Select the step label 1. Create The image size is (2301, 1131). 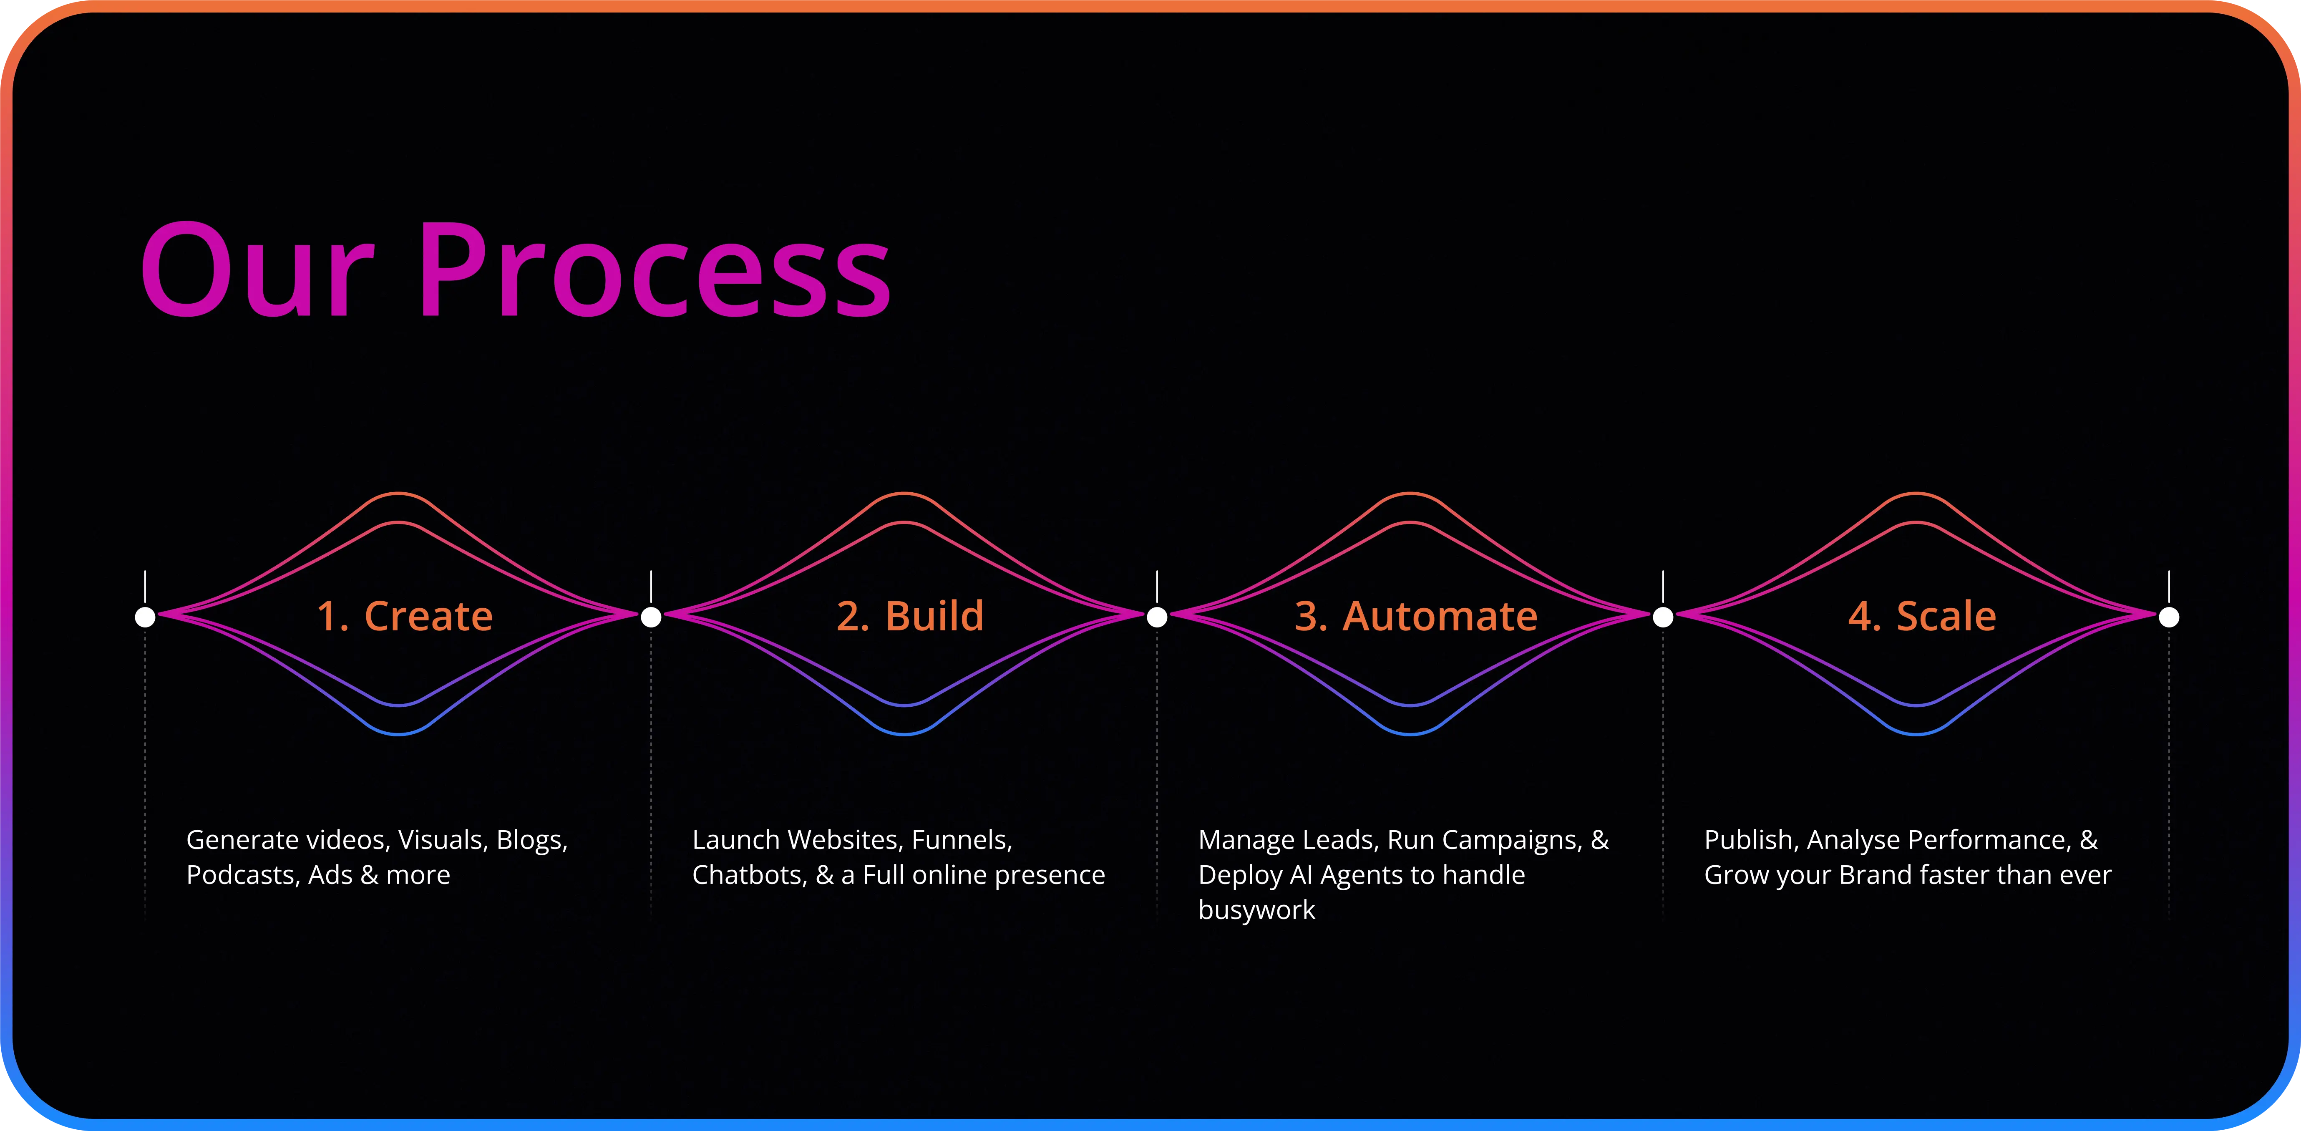405,617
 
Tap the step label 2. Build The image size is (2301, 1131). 910,617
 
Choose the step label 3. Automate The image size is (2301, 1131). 1416,617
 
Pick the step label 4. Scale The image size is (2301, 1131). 1921,617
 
